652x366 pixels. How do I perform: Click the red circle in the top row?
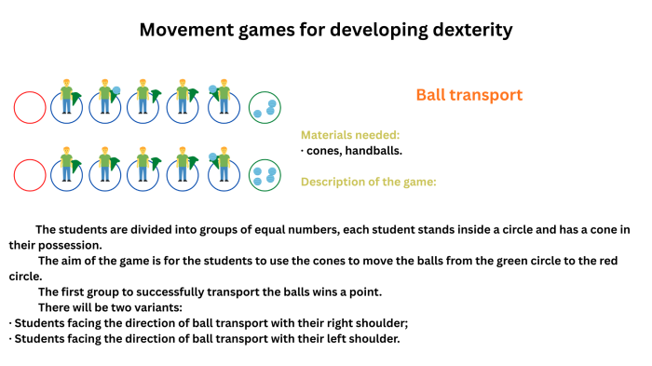(x=30, y=107)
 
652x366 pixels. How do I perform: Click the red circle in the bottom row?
(x=30, y=174)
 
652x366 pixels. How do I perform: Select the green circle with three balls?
(x=265, y=107)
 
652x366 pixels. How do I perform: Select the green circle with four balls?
(x=265, y=174)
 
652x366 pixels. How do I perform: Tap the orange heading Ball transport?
(x=469, y=95)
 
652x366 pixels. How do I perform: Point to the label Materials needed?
(x=350, y=135)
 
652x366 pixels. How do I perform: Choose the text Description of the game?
(x=368, y=182)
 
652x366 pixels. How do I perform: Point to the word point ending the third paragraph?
(x=366, y=292)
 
